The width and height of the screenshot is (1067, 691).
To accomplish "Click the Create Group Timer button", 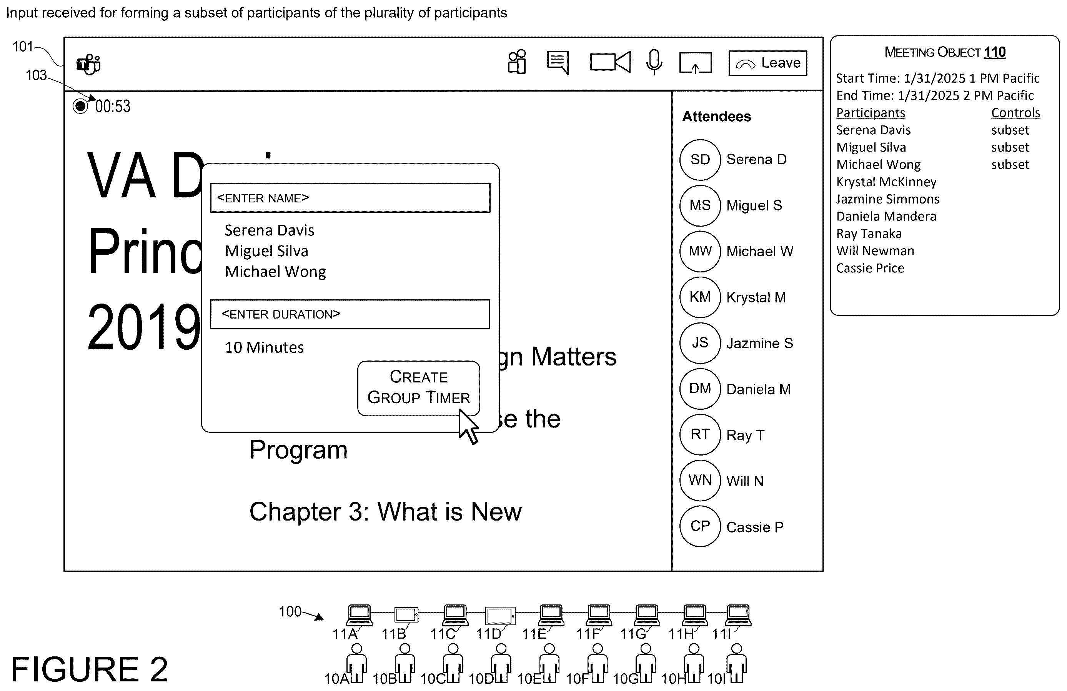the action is point(418,388).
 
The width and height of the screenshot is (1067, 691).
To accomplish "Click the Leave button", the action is point(767,63).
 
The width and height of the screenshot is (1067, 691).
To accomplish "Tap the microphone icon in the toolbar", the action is point(654,62).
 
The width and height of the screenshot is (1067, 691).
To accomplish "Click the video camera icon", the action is point(610,62).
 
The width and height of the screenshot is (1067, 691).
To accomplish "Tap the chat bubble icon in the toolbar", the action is point(558,62).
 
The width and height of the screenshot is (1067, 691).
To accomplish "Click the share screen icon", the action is point(695,62).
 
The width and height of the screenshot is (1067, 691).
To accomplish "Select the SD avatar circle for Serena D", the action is point(700,160).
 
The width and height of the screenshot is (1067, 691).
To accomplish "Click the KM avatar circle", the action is point(700,297).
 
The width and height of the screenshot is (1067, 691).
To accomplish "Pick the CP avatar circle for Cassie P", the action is point(700,526).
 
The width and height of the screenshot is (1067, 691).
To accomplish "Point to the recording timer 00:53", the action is point(113,106).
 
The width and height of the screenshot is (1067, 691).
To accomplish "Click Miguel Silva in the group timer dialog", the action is point(266,251).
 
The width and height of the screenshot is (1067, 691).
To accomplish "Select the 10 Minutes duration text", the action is point(264,347).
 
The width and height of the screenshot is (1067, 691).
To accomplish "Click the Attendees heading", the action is point(716,117).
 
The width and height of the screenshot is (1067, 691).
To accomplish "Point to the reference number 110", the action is point(994,52).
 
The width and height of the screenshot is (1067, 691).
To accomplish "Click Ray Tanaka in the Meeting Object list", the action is point(869,234).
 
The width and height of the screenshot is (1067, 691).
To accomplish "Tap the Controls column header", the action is point(1015,113).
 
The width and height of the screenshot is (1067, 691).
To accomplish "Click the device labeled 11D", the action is point(500,616).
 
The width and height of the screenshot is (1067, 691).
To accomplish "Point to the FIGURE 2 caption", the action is point(89,669).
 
